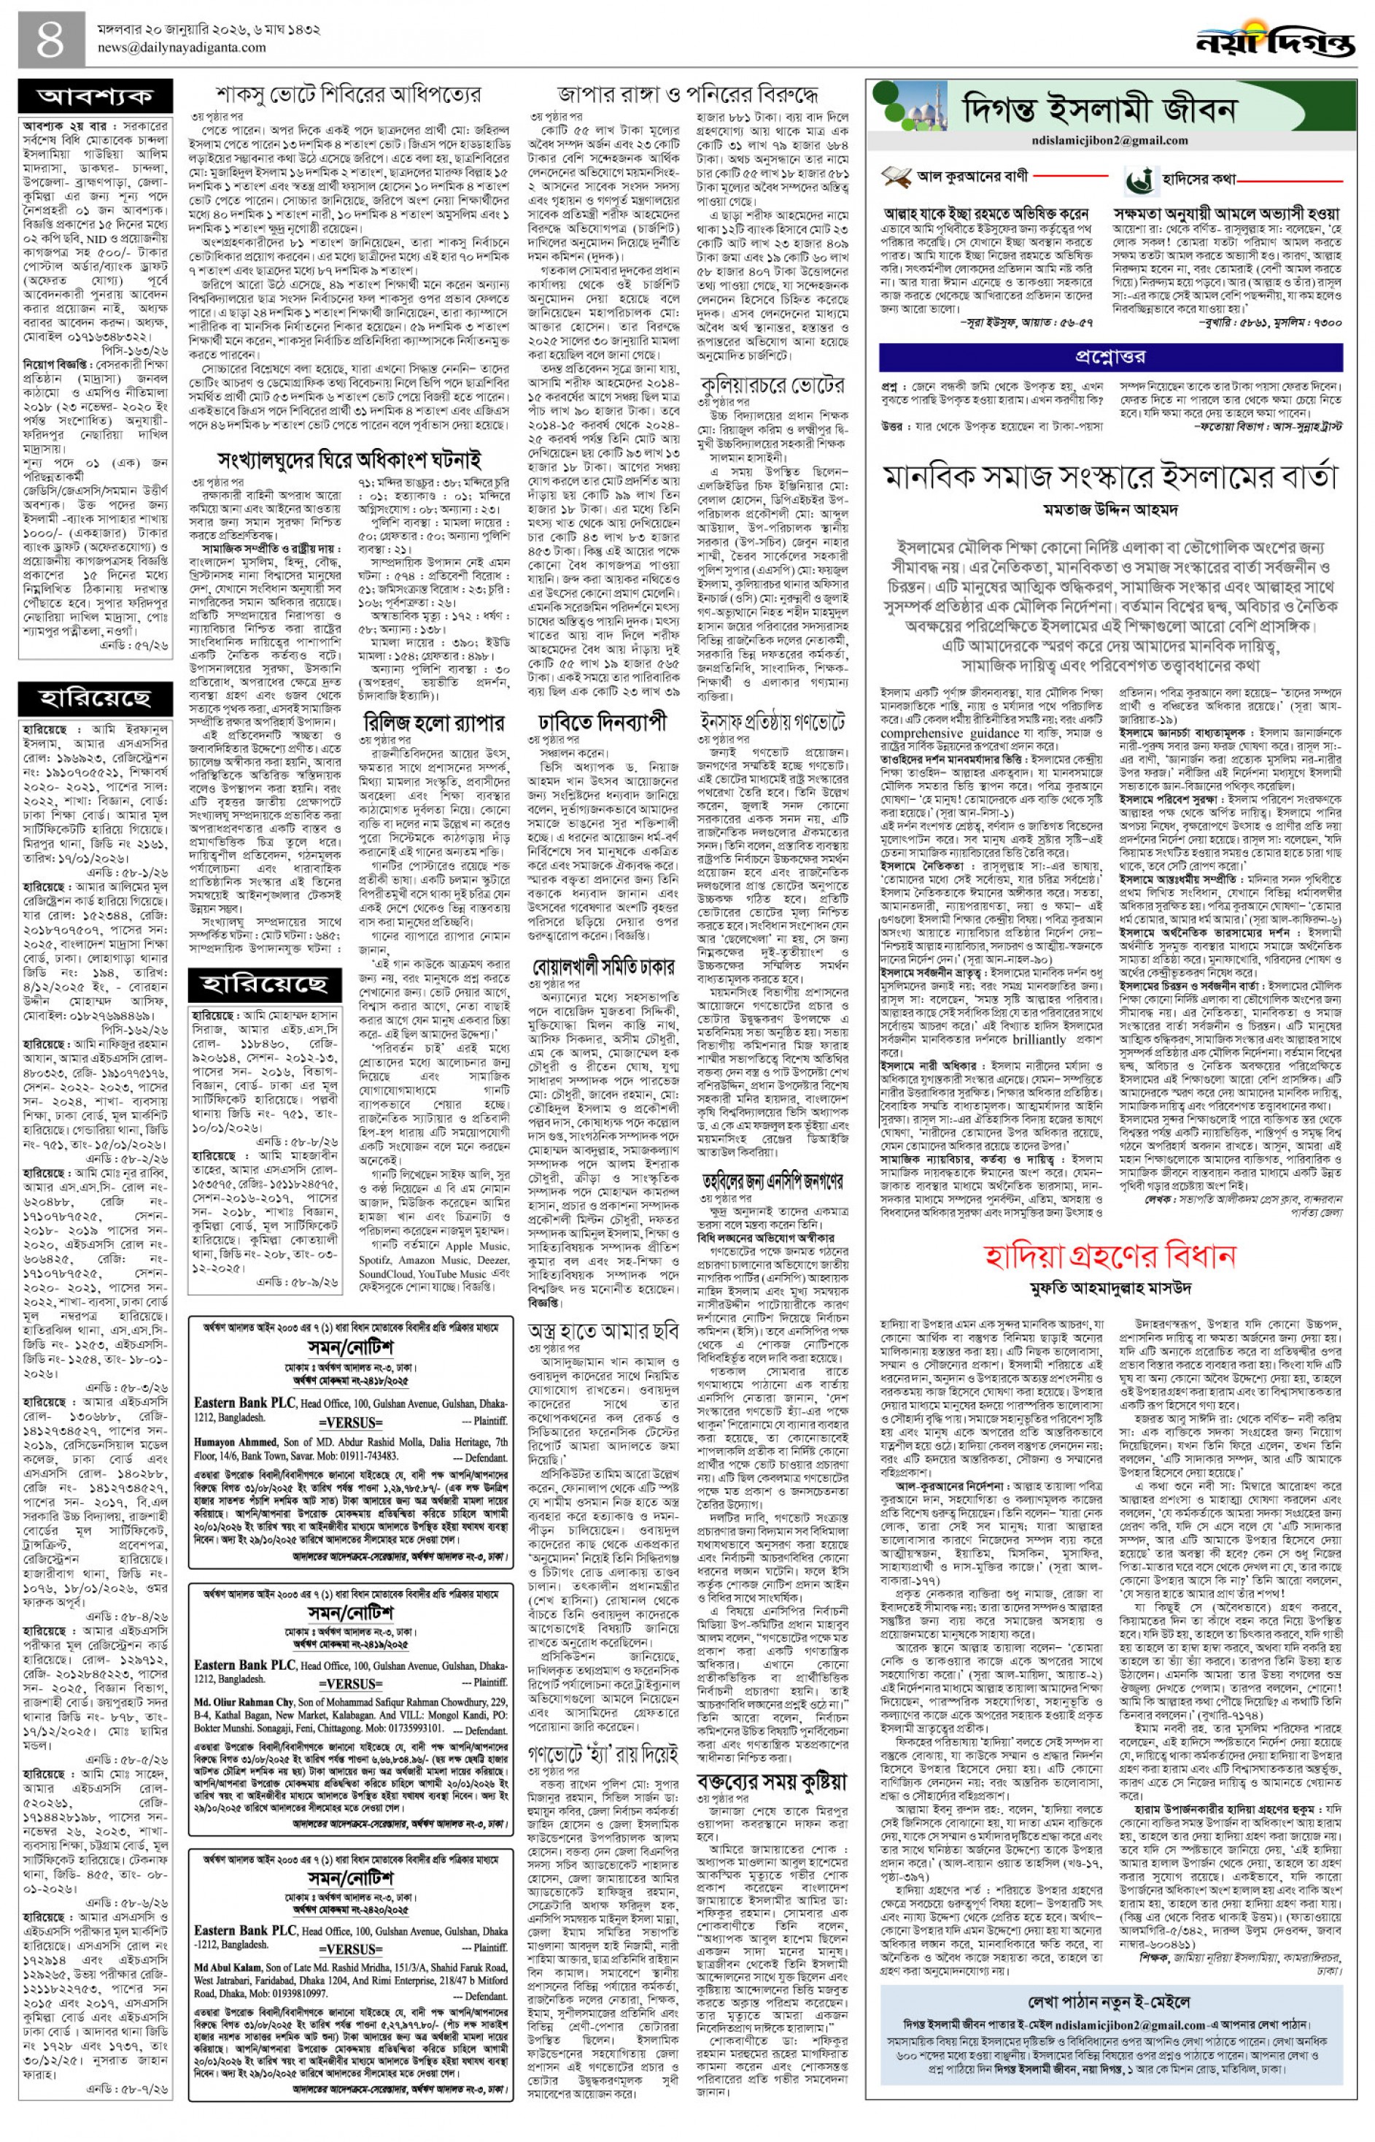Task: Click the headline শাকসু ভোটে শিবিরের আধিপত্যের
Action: pos(348,94)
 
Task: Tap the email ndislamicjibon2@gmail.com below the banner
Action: pos(1041,140)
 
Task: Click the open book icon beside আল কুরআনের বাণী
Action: pos(896,177)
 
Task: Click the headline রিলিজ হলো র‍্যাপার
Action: pos(434,723)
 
